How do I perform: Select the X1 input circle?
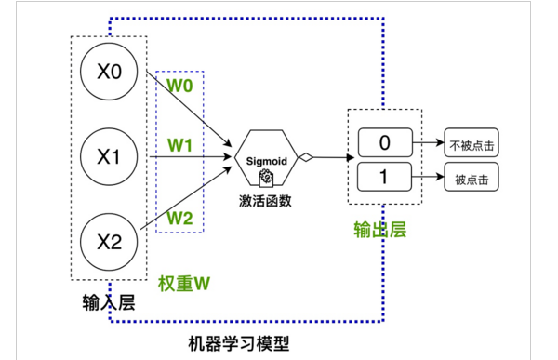(109, 156)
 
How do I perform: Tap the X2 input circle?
(109, 242)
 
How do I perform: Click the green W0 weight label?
(179, 87)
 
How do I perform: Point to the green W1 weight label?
(179, 146)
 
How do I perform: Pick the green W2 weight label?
(179, 218)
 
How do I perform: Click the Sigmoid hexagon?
(265, 158)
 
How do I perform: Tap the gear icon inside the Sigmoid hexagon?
(266, 175)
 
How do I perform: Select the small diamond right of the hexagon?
(304, 158)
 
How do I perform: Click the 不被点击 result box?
(472, 143)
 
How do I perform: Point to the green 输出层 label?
(380, 230)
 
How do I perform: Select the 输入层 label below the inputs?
(110, 303)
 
